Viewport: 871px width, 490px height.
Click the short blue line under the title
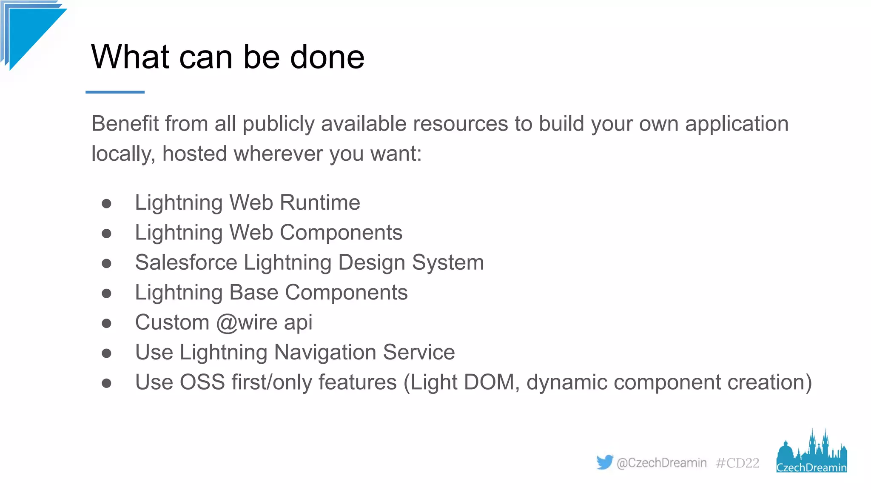pos(115,92)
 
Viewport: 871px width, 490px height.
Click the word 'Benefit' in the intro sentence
pos(125,124)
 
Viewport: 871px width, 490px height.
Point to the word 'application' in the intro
pos(737,124)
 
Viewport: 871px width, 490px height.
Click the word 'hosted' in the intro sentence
pos(194,154)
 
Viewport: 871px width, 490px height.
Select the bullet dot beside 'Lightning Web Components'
pos(106,234)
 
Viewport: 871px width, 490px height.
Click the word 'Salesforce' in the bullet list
pos(186,262)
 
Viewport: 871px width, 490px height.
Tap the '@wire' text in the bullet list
pos(247,322)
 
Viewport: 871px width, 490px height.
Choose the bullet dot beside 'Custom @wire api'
pos(106,324)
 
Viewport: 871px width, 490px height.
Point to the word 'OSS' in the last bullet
pos(202,382)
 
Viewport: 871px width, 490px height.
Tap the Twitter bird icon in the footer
pos(604,462)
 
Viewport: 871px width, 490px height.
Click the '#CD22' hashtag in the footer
pos(737,463)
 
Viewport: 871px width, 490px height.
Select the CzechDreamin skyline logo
pos(811,452)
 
